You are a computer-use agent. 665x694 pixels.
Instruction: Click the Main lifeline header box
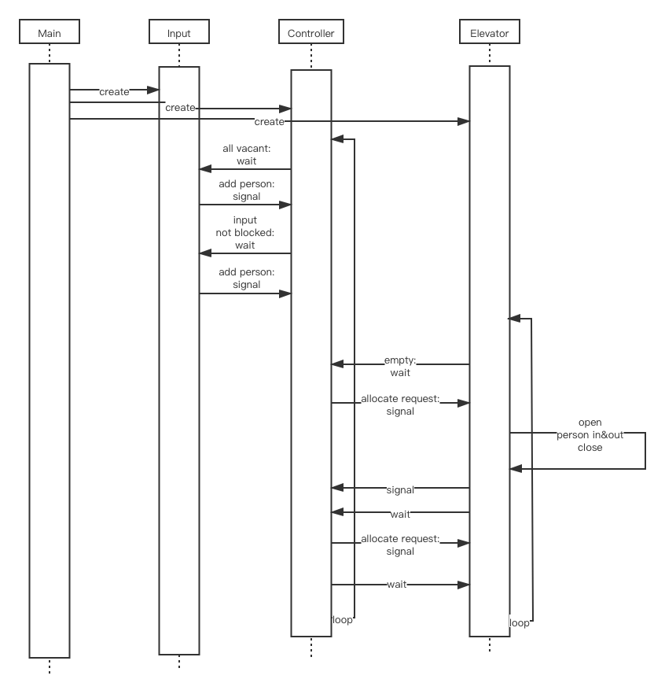(50, 33)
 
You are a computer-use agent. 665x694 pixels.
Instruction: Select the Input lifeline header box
(179, 33)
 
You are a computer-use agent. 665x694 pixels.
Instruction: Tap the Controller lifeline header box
(311, 33)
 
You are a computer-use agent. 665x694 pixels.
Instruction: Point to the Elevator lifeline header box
(489, 33)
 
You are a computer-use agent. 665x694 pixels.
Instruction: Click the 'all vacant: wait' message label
(247, 154)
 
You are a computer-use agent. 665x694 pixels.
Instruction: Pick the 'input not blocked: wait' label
(246, 232)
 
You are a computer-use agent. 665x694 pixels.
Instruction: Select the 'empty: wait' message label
(400, 366)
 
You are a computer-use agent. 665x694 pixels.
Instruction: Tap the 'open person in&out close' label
(590, 434)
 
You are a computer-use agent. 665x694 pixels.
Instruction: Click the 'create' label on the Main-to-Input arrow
(114, 91)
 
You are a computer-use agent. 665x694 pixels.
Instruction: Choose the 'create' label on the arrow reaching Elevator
(269, 121)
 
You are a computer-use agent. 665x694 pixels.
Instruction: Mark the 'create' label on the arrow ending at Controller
(180, 108)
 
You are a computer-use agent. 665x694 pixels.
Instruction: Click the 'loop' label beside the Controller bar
(343, 619)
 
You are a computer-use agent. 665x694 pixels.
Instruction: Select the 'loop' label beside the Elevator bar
(520, 622)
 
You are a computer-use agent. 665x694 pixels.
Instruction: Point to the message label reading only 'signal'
(400, 489)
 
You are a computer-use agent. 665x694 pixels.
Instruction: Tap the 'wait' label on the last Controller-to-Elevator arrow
(397, 584)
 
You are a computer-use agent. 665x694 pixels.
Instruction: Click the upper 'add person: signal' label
(247, 190)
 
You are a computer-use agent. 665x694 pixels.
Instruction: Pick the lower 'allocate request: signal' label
(400, 544)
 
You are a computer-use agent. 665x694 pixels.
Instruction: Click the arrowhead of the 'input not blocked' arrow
(204, 253)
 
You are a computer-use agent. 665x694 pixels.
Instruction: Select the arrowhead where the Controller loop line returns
(336, 140)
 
